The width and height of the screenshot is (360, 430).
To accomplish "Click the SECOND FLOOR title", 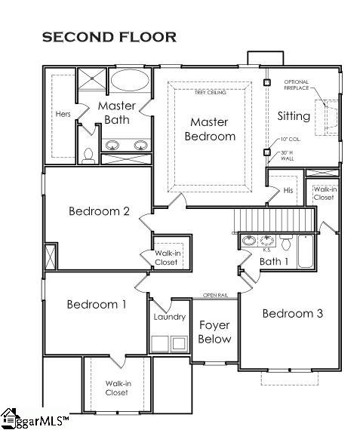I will (109, 36).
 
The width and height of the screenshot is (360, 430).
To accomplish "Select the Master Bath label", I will (116, 112).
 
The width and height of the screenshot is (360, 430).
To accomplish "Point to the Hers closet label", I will (63, 115).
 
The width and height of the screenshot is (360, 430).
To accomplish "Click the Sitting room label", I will (293, 116).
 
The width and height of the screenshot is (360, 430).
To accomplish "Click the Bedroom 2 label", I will (99, 211).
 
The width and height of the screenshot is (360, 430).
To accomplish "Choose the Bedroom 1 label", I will (96, 304).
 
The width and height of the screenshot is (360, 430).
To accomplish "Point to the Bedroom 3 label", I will (292, 313).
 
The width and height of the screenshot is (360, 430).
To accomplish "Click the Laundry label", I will (169, 317).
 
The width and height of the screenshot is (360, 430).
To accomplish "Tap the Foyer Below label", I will (214, 332).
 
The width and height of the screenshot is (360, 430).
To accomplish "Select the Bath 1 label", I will (274, 262).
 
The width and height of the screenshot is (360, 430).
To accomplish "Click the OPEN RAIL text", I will (215, 295).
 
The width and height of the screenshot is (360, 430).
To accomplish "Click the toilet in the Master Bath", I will (88, 156).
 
